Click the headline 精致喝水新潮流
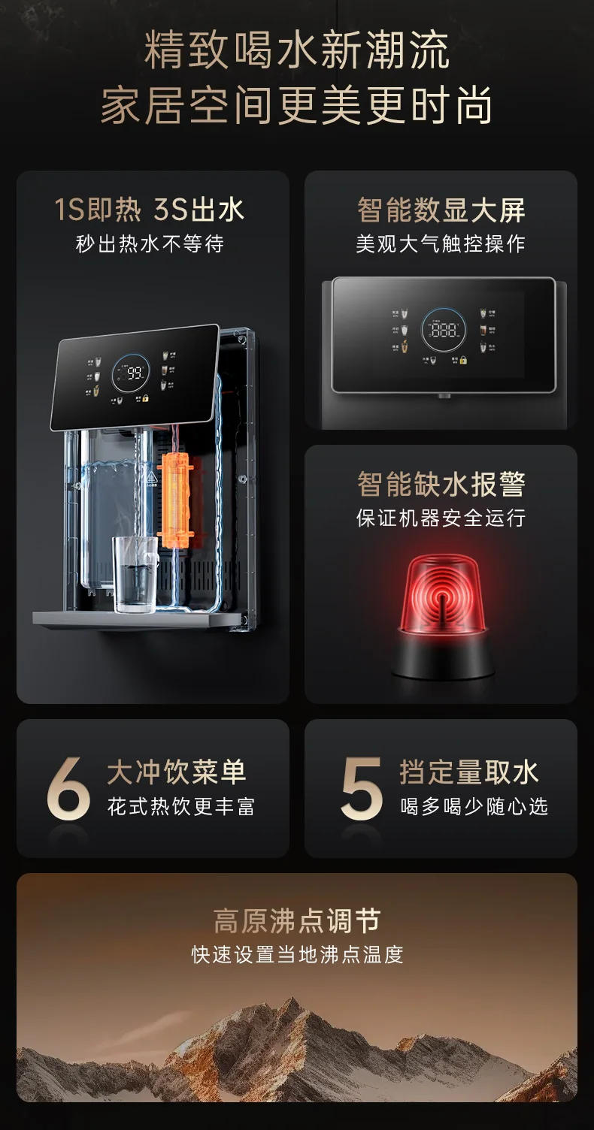click(297, 51)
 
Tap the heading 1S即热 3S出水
click(150, 210)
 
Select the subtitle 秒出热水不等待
click(150, 244)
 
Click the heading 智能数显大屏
click(441, 210)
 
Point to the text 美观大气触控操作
click(441, 244)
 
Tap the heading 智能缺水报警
click(441, 485)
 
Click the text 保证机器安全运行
click(441, 518)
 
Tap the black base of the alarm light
click(441, 657)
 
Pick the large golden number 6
click(68, 788)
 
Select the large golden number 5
click(362, 788)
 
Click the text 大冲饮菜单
click(177, 772)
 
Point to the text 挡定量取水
click(469, 772)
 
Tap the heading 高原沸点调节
click(297, 920)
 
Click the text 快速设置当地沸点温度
click(297, 955)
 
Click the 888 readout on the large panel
click(444, 330)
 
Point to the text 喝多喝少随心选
click(474, 807)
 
